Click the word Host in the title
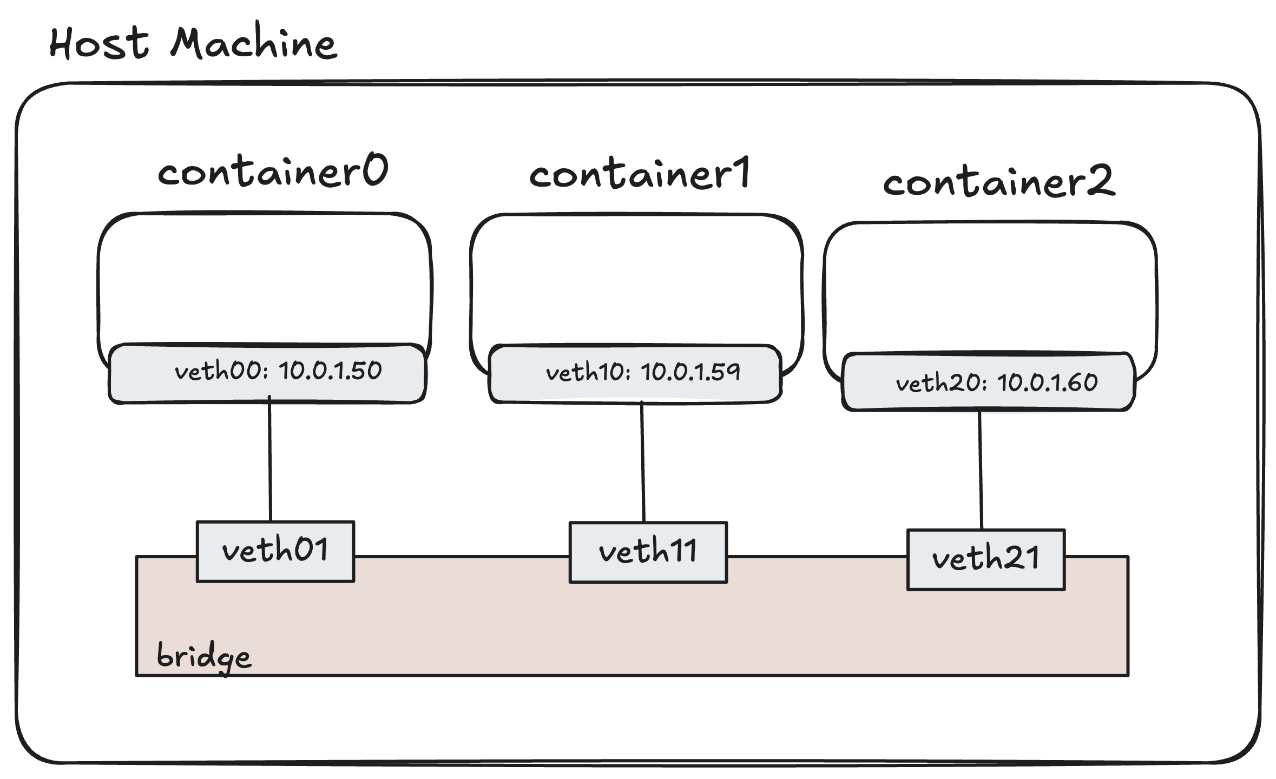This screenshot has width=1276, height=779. coord(98,43)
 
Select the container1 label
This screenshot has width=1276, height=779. coord(640,174)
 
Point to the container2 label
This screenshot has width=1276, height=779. coord(999,182)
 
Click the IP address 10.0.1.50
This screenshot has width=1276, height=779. coord(330,371)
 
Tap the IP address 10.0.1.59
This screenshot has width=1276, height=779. coord(690,373)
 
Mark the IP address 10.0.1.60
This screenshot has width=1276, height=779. coord(1047,383)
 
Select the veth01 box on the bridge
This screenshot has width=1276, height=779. coord(275,551)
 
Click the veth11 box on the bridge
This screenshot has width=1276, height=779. coord(648,552)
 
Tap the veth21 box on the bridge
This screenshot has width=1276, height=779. coord(985,559)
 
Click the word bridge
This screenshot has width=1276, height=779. coord(203,656)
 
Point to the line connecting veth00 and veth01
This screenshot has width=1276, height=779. coord(270,460)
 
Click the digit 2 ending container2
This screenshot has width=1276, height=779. coord(1100,181)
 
